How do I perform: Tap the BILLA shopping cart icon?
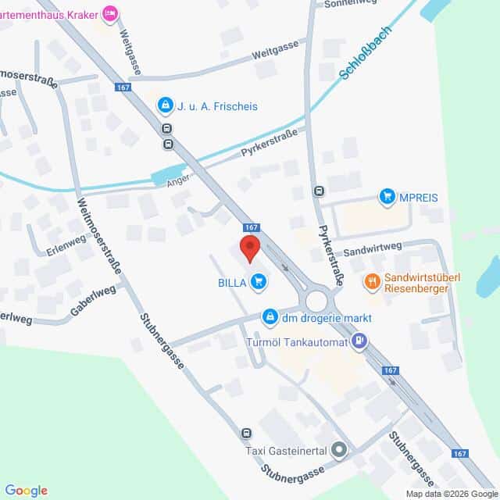point(259,281)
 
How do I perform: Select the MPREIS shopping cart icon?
point(387,196)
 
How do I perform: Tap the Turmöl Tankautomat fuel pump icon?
point(359,340)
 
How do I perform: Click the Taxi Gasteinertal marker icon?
point(338,450)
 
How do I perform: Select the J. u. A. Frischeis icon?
point(165,105)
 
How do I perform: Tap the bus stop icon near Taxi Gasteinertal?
point(247,434)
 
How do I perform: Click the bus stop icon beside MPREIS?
point(319,191)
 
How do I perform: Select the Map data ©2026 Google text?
point(451,494)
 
